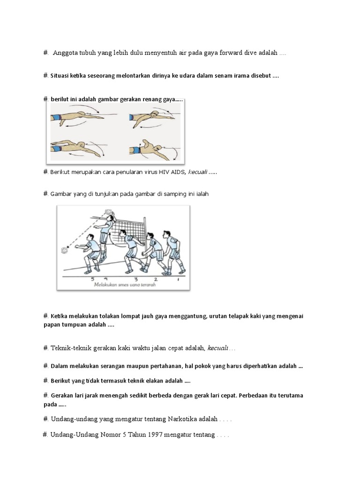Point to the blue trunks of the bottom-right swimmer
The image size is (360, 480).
coord(136,150)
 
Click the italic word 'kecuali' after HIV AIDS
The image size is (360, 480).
coord(197,172)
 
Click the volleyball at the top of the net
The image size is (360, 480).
coord(110,212)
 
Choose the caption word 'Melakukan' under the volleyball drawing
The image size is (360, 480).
coord(105,284)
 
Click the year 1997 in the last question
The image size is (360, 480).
coord(156,435)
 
